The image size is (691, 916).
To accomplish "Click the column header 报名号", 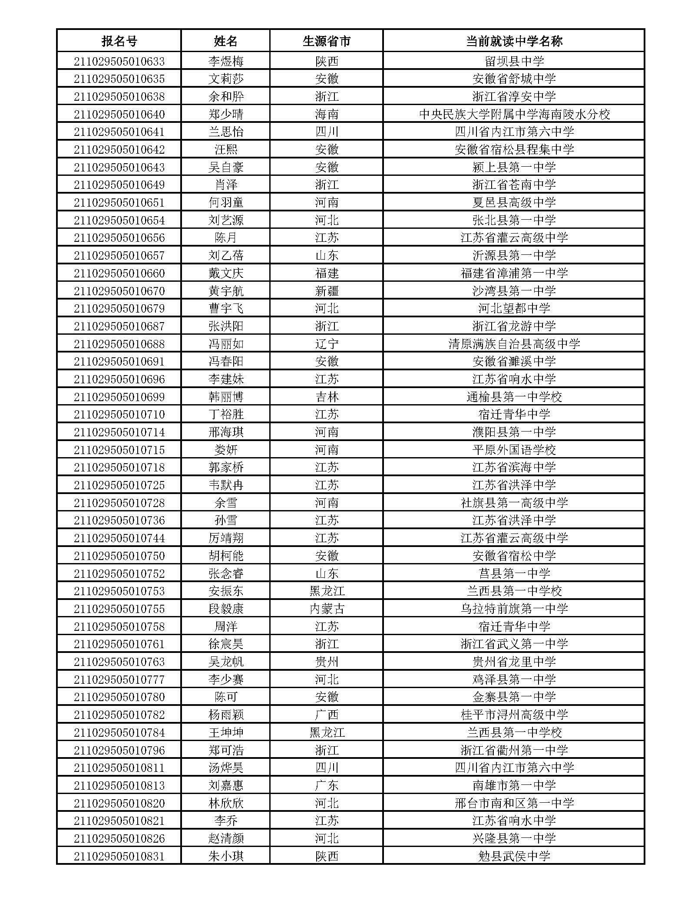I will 119,41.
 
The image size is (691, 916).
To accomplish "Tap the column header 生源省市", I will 326,41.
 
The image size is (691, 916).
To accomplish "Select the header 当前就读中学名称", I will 514,41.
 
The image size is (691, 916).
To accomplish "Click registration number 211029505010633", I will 119,61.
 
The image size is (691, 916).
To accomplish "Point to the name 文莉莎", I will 226,79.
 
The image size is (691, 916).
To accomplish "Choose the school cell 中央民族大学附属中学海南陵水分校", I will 514,114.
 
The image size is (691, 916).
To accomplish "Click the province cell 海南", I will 326,114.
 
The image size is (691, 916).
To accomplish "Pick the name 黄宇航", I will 226,291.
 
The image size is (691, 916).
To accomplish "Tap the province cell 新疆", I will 326,291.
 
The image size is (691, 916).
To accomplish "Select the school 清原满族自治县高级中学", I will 514,344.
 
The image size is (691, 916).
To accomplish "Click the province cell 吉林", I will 326,397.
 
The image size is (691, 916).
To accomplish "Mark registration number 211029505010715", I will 119,450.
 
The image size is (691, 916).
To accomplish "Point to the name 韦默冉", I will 226,485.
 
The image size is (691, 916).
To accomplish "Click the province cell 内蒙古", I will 326,609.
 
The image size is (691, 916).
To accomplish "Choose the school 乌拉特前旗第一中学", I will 514,609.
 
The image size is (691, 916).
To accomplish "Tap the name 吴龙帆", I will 226,662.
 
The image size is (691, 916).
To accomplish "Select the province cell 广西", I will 326,715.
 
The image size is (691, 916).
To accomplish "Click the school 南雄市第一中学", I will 514,785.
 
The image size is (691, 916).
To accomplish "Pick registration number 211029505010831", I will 119,856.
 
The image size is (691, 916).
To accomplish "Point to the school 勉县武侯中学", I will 514,856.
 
